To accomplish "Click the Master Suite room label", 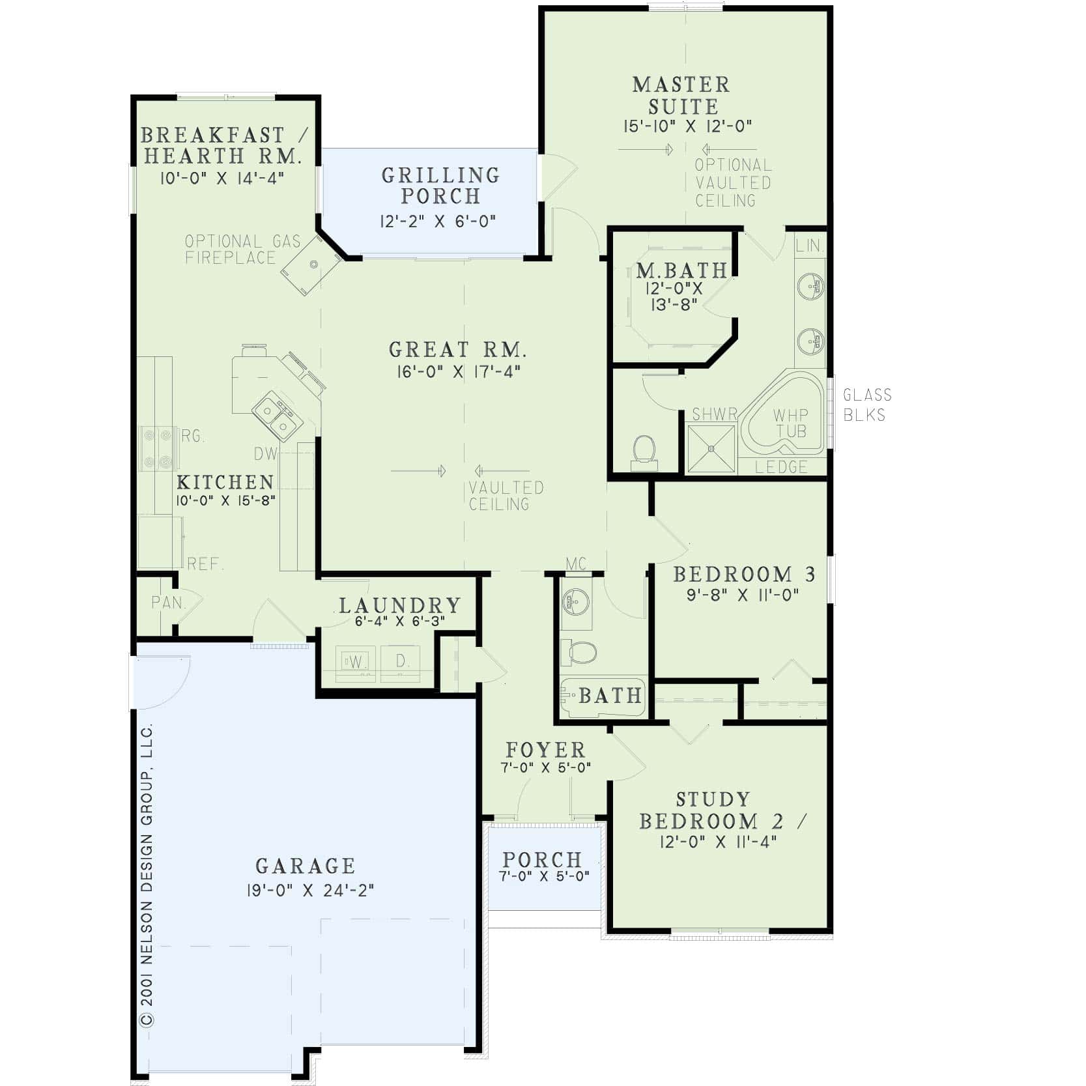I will click(x=681, y=95).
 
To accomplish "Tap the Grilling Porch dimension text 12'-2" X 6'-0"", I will click(x=438, y=221).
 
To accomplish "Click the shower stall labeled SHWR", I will click(x=711, y=446).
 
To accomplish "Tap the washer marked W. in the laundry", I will click(x=356, y=662).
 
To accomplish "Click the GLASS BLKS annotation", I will click(x=866, y=405).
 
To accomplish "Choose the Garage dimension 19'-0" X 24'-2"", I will click(x=310, y=890).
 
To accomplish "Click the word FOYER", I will click(x=545, y=750).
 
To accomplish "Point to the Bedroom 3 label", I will click(x=744, y=575).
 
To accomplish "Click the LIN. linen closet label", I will click(x=810, y=246).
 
